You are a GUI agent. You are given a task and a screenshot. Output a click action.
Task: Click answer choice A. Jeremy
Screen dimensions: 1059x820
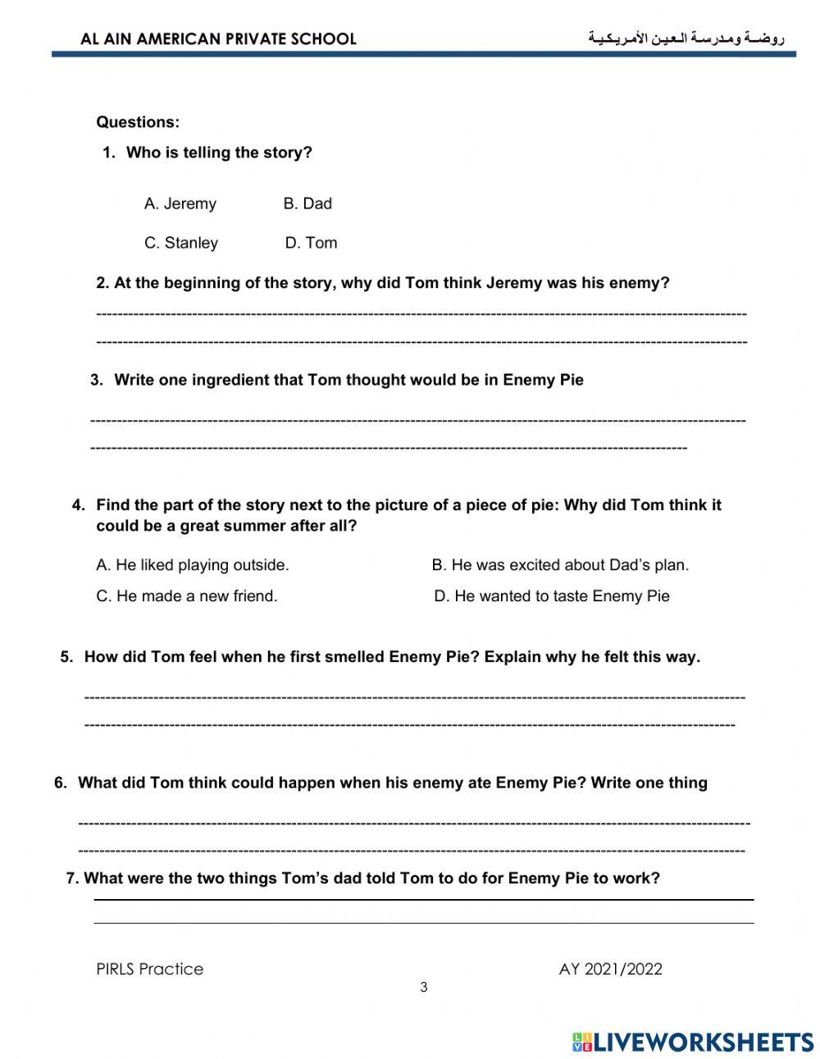(180, 203)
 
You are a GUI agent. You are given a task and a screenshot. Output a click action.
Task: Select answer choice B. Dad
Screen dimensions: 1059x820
(307, 203)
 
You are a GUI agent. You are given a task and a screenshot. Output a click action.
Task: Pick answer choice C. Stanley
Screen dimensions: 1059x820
(181, 243)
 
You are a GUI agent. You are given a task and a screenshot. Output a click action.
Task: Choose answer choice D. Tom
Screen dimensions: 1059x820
(311, 243)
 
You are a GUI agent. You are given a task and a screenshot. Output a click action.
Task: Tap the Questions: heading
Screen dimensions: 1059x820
(138, 122)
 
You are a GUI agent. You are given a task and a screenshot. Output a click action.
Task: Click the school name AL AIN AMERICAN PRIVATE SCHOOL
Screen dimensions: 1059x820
(219, 39)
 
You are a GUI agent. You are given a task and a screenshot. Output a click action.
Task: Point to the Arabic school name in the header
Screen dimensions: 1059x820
(686, 38)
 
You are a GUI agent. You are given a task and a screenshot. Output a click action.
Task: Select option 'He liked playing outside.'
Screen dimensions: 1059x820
(193, 565)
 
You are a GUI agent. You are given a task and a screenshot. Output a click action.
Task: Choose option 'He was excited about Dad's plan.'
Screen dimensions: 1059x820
(560, 565)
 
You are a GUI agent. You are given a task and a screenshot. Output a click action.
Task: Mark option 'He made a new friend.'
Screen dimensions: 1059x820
(187, 596)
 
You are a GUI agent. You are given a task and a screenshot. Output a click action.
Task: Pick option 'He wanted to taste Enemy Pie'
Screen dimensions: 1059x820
(552, 596)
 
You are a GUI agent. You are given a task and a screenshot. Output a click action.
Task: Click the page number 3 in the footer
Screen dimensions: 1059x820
(424, 988)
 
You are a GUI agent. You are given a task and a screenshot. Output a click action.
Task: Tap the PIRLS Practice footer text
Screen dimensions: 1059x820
(150, 969)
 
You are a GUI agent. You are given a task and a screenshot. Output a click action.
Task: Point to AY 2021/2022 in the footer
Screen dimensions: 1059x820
(610, 969)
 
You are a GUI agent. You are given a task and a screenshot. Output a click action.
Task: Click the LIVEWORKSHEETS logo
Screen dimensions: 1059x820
(693, 1042)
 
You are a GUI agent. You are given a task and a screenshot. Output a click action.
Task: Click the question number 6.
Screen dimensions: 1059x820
(61, 783)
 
